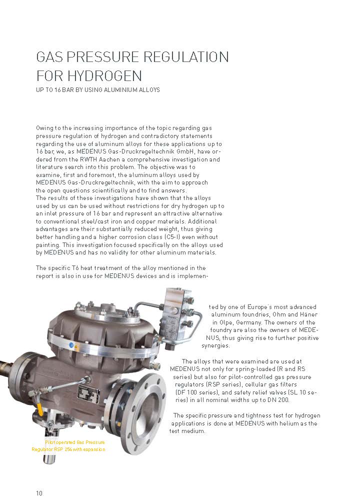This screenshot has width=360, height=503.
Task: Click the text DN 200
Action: pos(280,400)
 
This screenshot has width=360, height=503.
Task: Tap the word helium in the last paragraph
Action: pos(277,423)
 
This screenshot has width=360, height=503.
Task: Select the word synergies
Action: pos(216,345)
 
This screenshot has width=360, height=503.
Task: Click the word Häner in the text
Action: pos(308,314)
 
